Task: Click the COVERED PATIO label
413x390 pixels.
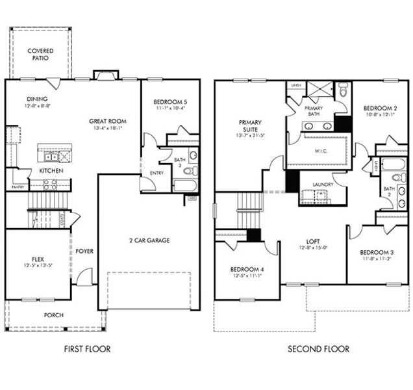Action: pyautogui.click(x=40, y=54)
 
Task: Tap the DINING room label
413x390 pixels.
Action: pyautogui.click(x=37, y=99)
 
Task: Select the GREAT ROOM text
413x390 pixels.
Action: pyautogui.click(x=108, y=121)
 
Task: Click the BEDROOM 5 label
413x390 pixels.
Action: pyautogui.click(x=170, y=102)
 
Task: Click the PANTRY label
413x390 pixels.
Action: pyautogui.click(x=18, y=187)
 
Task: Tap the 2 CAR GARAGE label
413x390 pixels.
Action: pyautogui.click(x=149, y=240)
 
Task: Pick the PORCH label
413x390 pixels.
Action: pyautogui.click(x=54, y=315)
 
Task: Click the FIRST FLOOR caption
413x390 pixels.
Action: pyautogui.click(x=87, y=349)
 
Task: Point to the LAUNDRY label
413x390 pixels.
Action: pyautogui.click(x=322, y=184)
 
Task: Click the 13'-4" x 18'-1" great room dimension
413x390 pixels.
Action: pyautogui.click(x=108, y=129)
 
